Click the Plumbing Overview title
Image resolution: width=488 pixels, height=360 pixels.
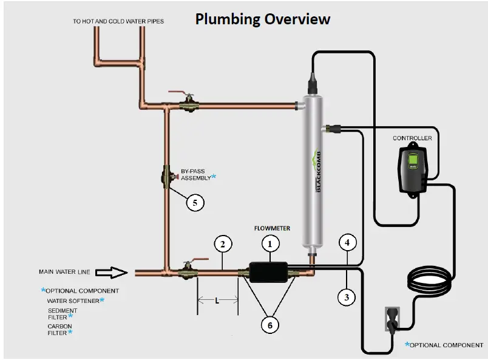click(262, 19)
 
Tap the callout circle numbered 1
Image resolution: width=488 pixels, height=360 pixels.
click(271, 243)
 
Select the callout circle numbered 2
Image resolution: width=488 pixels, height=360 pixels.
click(223, 244)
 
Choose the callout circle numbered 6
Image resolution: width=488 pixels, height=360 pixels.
click(271, 325)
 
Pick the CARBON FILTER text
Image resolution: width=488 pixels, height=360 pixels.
click(59, 330)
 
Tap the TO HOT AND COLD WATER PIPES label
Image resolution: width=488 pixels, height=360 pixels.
click(118, 21)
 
